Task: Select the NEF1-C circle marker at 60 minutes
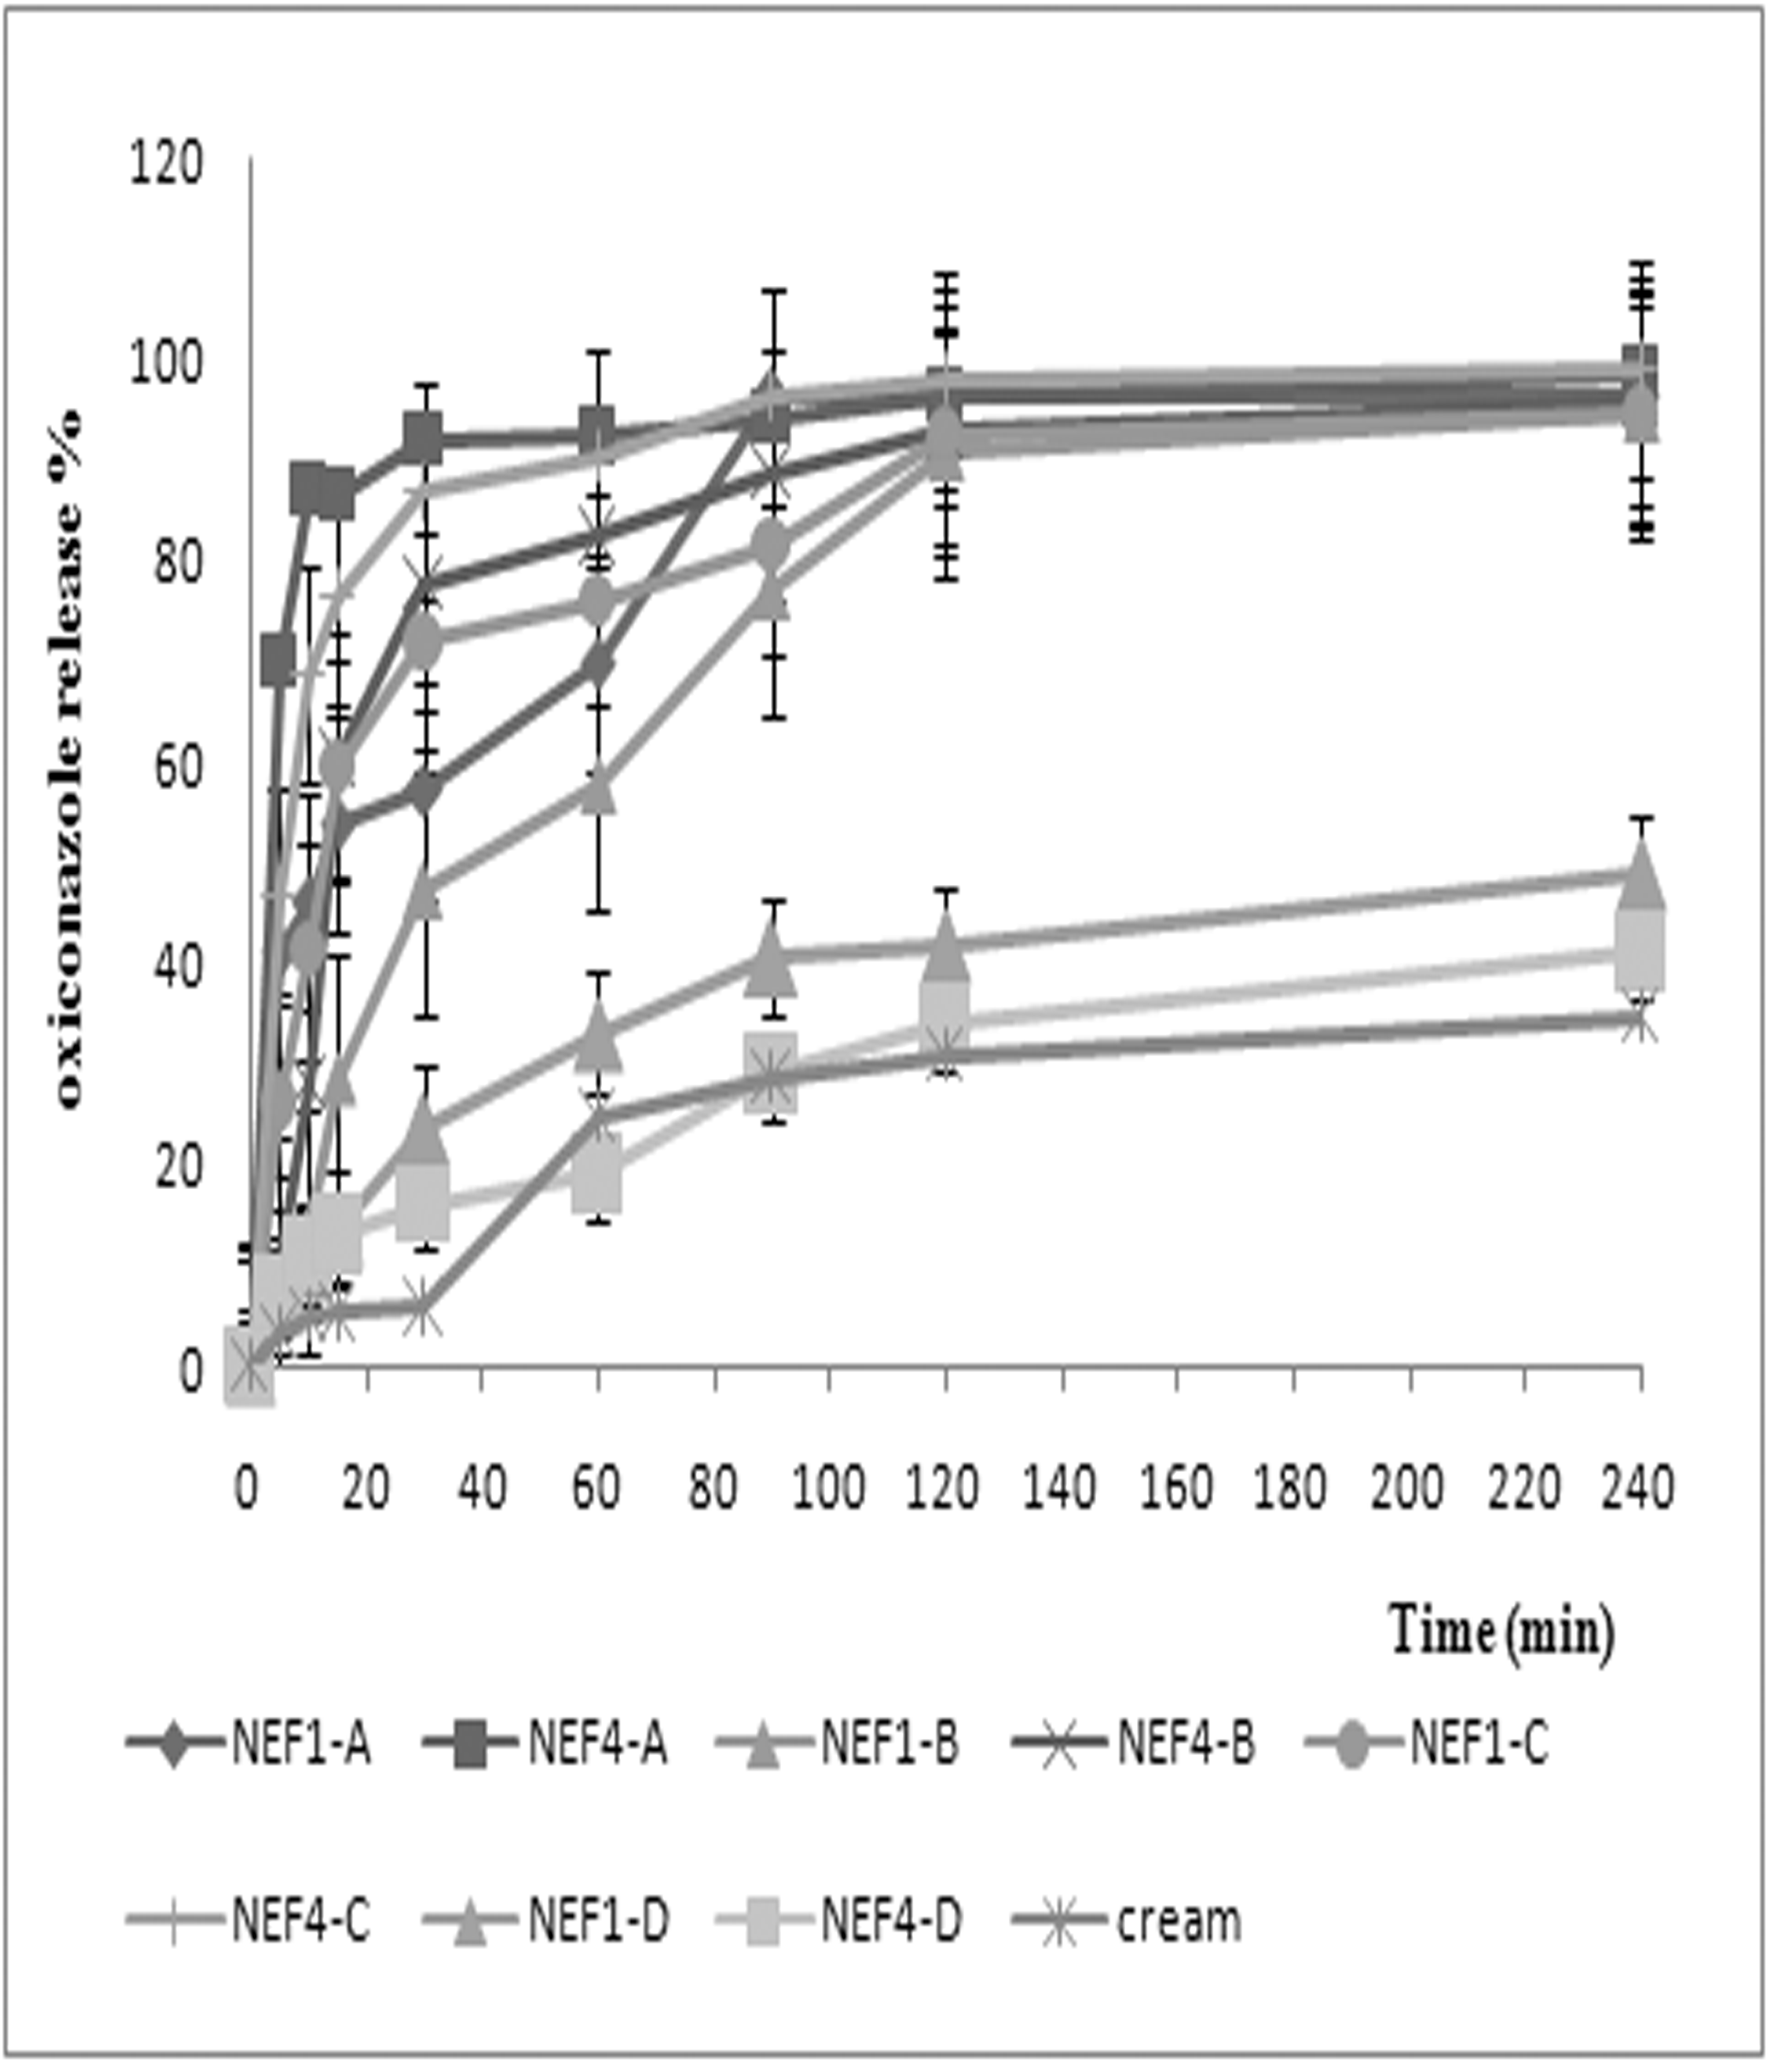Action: tap(598, 601)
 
